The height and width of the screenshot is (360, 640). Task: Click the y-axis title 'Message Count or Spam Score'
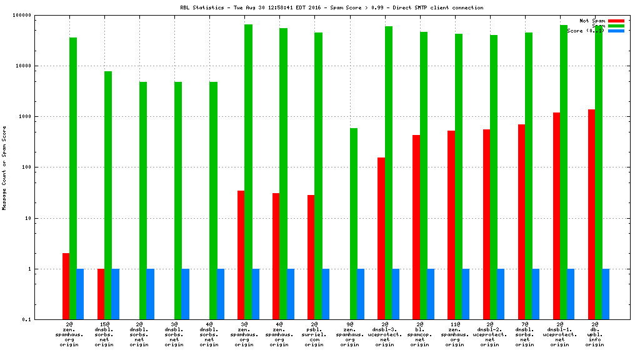4,167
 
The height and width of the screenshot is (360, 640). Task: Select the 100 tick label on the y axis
44,167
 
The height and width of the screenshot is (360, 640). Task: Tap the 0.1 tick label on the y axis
45,320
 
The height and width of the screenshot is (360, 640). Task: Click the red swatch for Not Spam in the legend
616,21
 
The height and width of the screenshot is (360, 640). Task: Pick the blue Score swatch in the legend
616,31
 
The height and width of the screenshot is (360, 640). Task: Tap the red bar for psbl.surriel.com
311,257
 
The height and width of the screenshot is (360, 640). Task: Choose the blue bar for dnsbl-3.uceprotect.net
396,294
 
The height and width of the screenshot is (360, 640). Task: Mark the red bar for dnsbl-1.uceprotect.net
556,216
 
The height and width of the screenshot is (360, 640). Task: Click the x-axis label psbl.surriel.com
315,334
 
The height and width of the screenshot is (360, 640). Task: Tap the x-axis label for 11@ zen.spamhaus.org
455,334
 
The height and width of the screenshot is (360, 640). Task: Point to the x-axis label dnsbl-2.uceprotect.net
490,334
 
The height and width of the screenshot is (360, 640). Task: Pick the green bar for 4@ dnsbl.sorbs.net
213,201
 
